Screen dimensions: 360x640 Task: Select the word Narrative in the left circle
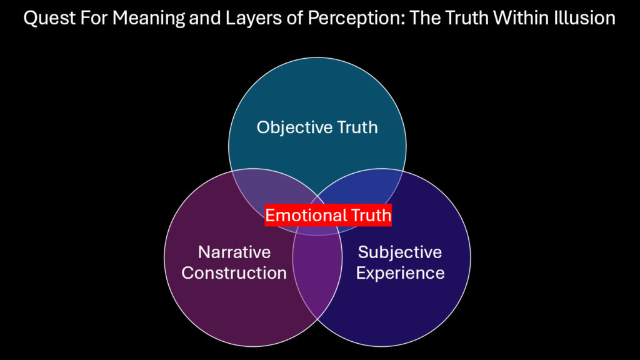(x=234, y=252)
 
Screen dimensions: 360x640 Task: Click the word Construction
(x=234, y=273)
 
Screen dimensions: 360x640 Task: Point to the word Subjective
(x=400, y=252)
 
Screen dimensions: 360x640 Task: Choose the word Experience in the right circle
(x=400, y=273)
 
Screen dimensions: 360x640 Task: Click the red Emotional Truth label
(x=328, y=216)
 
